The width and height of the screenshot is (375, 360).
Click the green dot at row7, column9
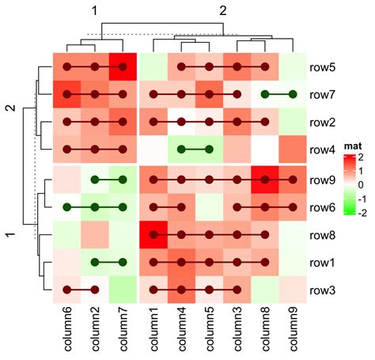click(292, 95)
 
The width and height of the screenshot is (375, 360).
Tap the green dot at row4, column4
click(181, 150)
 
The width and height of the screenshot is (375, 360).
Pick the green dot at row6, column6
click(67, 208)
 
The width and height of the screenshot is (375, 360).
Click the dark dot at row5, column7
click(123, 67)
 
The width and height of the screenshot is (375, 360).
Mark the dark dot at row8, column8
click(264, 236)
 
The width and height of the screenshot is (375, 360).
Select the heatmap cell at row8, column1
click(153, 236)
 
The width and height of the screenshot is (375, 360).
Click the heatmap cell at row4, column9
click(292, 150)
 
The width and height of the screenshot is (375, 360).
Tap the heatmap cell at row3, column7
click(123, 290)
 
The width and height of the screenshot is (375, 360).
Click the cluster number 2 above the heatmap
click(223, 10)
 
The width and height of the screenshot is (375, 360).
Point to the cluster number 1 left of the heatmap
click(10, 235)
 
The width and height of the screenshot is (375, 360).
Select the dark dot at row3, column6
click(67, 290)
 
